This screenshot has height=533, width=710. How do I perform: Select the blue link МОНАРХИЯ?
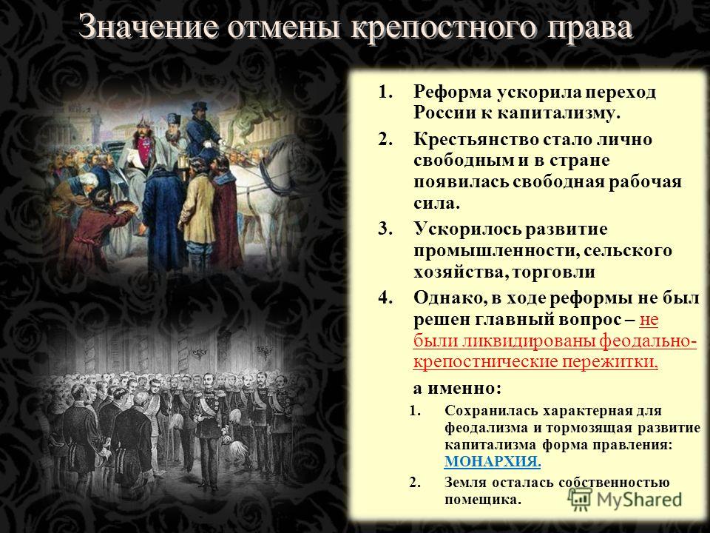coord(493,461)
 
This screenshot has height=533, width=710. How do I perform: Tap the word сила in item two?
coord(436,203)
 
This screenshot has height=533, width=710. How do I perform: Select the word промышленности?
coord(495,252)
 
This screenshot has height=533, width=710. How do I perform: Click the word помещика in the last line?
coord(483,500)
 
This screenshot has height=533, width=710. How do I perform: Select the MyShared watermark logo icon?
coord(581,500)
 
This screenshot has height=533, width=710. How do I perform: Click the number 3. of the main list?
coord(385,229)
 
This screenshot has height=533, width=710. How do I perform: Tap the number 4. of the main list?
coord(385,298)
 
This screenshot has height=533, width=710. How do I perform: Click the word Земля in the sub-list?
coord(464,483)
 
